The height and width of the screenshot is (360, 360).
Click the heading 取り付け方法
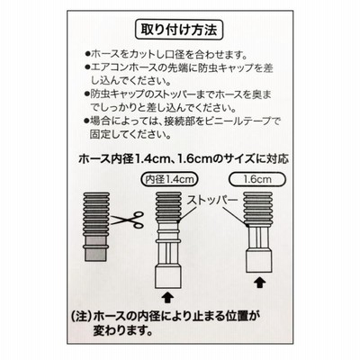tap(179, 30)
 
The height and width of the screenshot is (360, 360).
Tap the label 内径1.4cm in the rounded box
tap(169, 179)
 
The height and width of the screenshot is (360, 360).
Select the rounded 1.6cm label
tap(257, 179)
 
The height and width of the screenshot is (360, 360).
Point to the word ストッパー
tap(212, 201)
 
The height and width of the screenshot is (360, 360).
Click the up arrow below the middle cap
tap(168, 298)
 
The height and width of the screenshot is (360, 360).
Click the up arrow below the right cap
tap(259, 283)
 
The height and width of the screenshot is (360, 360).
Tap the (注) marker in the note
tap(80, 316)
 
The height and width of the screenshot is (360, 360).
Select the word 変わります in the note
tap(121, 330)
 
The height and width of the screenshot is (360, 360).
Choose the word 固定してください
tap(130, 134)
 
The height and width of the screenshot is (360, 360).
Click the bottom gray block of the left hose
tap(95, 254)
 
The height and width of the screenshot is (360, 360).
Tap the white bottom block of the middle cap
tap(168, 277)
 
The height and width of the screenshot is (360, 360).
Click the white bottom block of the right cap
tap(259, 261)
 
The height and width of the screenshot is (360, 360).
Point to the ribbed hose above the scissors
tap(95, 214)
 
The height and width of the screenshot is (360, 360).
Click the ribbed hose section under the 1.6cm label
tap(258, 209)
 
